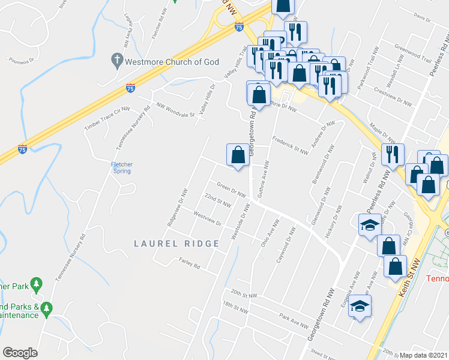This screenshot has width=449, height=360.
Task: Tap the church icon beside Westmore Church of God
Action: [118, 60]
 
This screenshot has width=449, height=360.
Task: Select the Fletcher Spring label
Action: [122, 168]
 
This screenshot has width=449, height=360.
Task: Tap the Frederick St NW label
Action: [290, 148]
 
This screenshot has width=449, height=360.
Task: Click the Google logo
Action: [20, 353]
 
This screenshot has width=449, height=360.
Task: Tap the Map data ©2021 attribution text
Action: [423, 355]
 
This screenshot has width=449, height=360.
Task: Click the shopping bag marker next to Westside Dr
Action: [238, 155]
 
